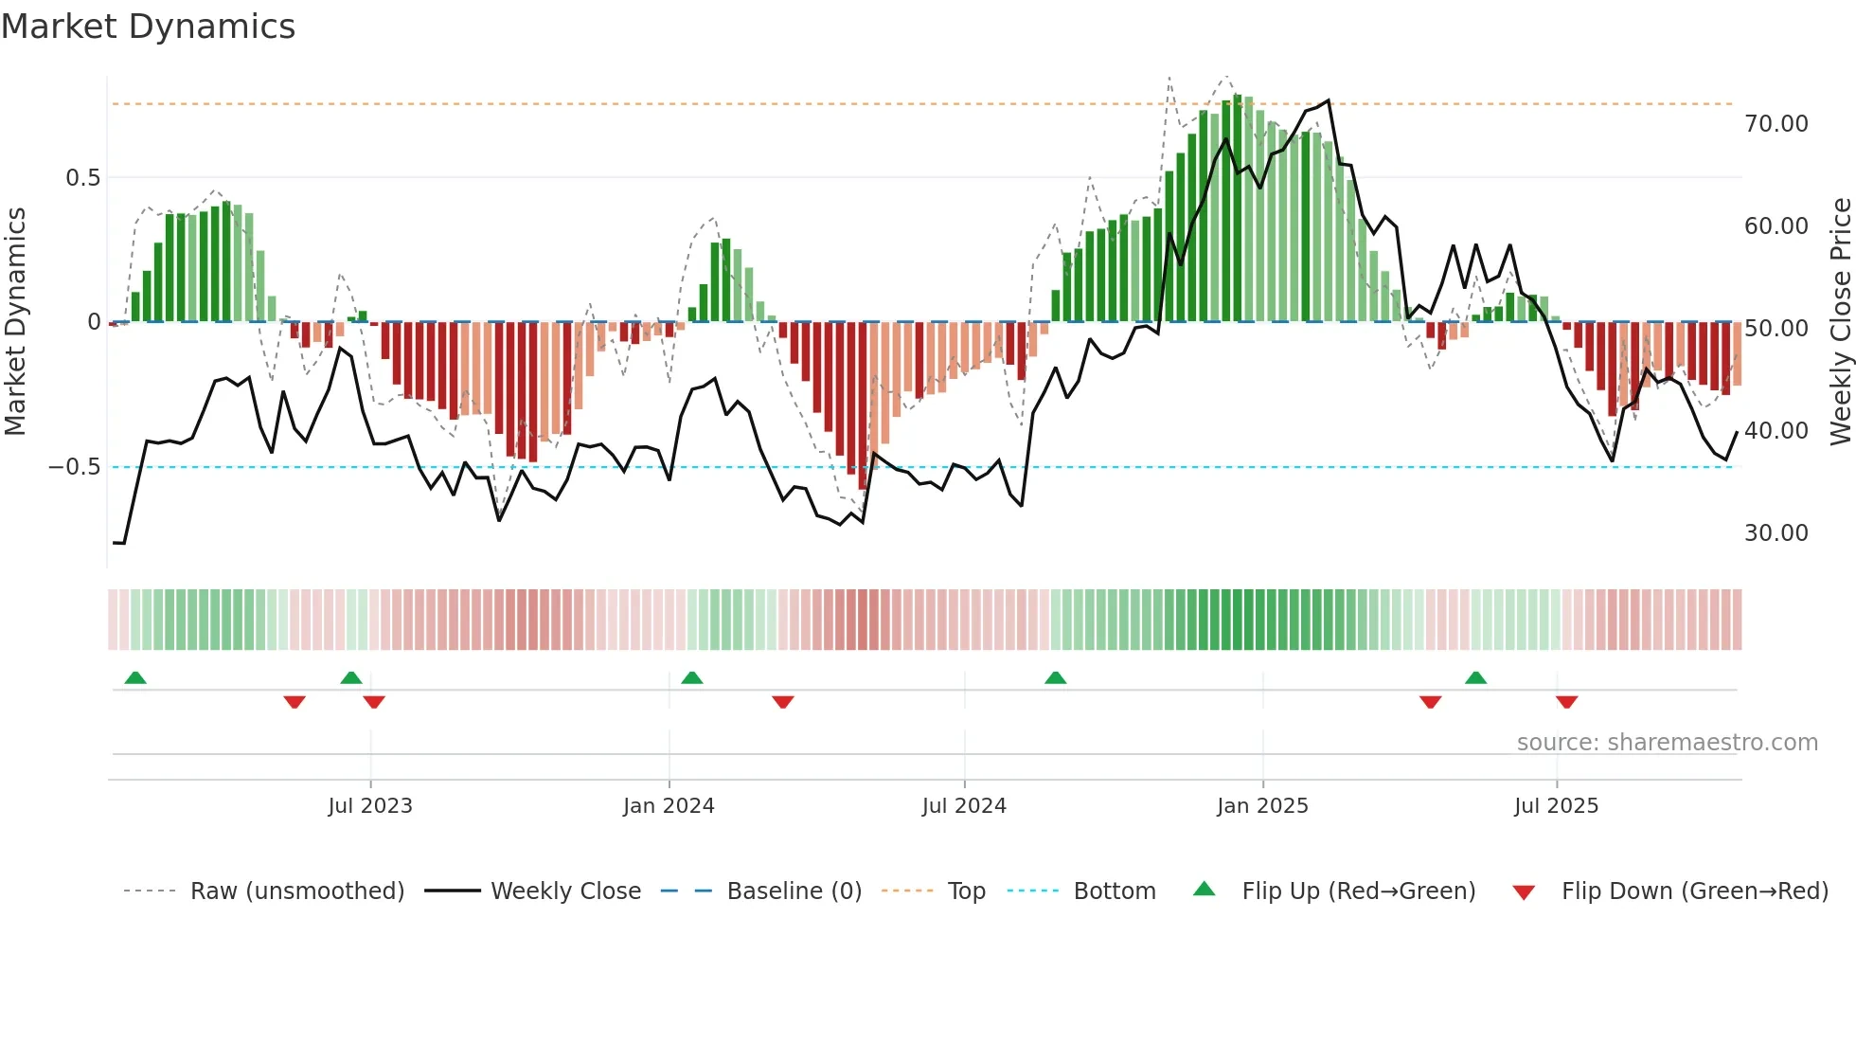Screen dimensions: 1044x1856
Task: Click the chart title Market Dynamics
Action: [x=149, y=27]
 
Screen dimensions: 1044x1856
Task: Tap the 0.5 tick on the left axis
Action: [x=82, y=178]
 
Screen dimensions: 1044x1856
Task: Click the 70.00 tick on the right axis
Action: [x=1776, y=124]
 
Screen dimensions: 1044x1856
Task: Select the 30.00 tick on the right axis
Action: [x=1776, y=533]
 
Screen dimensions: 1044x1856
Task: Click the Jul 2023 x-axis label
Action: [x=370, y=806]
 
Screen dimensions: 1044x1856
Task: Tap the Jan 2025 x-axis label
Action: [x=1262, y=806]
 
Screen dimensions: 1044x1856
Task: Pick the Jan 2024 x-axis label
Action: [x=669, y=806]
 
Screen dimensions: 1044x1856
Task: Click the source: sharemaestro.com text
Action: [x=1667, y=743]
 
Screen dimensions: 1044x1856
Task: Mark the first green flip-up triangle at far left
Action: [x=135, y=678]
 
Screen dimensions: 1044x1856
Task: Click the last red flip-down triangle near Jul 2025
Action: [x=1566, y=702]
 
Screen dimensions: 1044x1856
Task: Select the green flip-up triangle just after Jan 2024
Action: [x=692, y=678]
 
